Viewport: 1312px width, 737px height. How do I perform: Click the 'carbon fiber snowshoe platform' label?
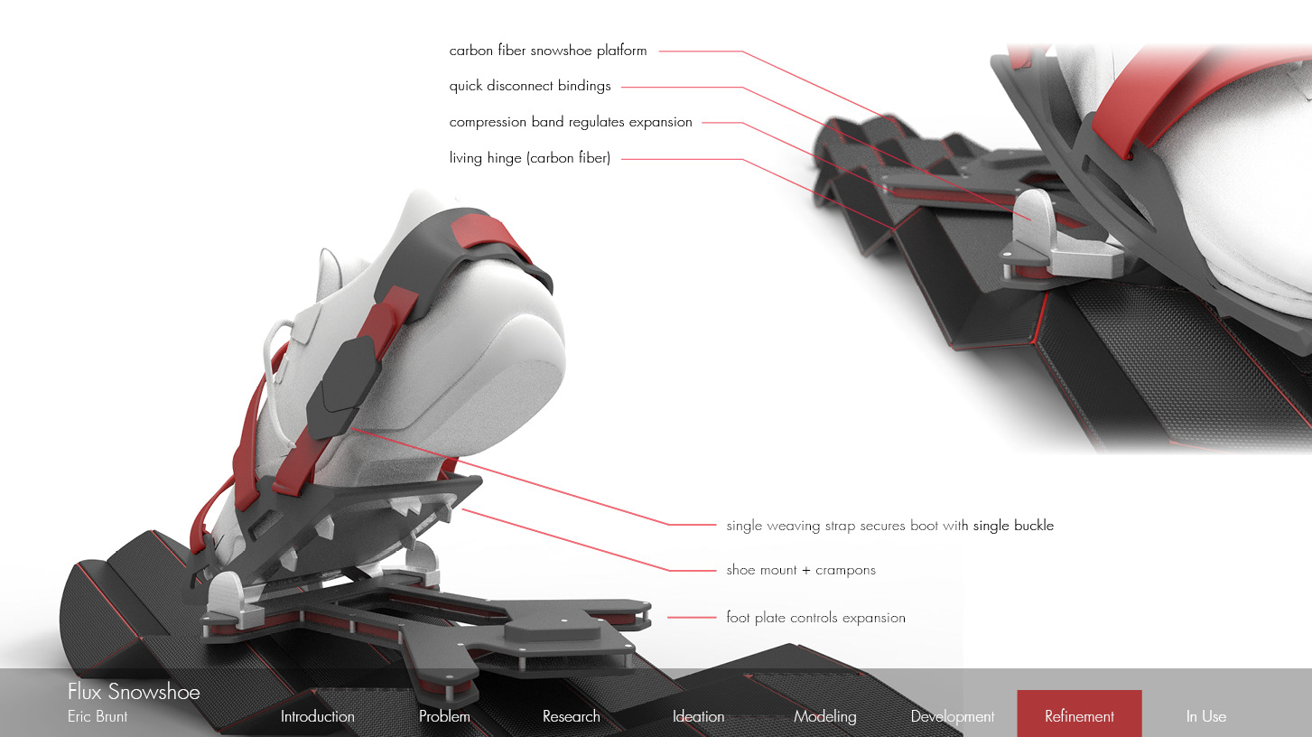(x=548, y=51)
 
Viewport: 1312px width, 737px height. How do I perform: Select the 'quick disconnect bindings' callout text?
(x=530, y=87)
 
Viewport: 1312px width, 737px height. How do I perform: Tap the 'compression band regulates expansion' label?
(x=571, y=122)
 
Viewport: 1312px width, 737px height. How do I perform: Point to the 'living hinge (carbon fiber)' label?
(x=530, y=158)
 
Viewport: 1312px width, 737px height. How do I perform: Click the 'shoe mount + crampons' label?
(x=801, y=570)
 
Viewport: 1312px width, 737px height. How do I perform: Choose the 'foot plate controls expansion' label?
(x=815, y=618)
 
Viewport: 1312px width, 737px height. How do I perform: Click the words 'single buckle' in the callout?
(x=1013, y=525)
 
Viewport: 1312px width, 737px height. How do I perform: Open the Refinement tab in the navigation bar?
(x=1079, y=716)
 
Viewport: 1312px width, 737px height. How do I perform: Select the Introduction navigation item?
(x=317, y=716)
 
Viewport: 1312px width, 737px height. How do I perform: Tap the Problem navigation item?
(x=444, y=716)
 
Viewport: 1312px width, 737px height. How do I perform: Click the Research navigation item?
(x=571, y=716)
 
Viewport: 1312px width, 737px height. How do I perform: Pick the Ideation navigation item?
(x=698, y=716)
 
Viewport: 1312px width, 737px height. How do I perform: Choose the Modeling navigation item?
(x=824, y=716)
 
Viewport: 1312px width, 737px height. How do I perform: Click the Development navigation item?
(x=952, y=716)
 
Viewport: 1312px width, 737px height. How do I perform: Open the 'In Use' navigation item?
(x=1205, y=716)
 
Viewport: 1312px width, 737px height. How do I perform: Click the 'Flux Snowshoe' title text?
(x=134, y=693)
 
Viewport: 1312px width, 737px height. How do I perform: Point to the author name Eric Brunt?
(x=98, y=716)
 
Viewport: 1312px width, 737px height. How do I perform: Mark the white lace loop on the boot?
(x=275, y=348)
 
